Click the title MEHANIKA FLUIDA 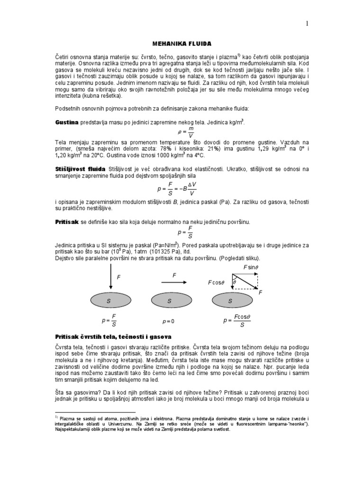click(x=182, y=43)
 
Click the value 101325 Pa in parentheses click(x=164, y=251)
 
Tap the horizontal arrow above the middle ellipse click(x=174, y=282)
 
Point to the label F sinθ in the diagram click(x=251, y=268)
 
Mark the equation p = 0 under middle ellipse click(x=169, y=321)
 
